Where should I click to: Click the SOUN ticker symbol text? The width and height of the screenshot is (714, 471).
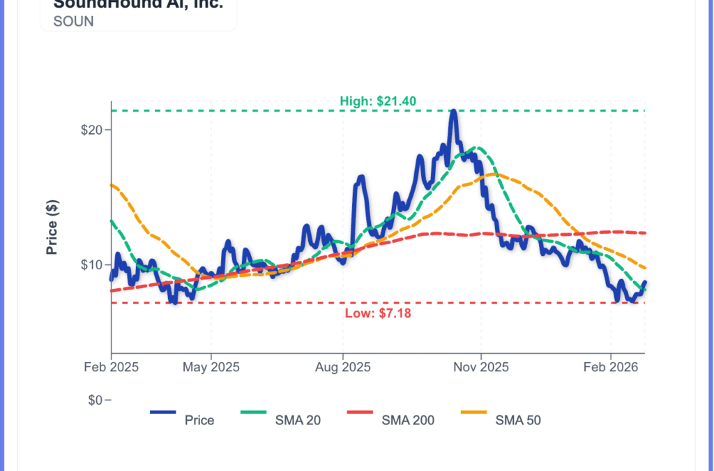73,21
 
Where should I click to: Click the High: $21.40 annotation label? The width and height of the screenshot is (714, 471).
378,102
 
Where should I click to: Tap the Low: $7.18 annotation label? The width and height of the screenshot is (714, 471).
378,313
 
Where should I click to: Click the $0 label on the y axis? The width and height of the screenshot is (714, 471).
97,401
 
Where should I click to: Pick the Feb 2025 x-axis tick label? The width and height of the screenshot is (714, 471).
111,367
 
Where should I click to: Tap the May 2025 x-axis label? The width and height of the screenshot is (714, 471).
212,367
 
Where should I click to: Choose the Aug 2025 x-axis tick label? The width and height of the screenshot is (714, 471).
342,367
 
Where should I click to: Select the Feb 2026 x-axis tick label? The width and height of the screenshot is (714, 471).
611,367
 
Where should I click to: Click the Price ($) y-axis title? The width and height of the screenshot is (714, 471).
52,227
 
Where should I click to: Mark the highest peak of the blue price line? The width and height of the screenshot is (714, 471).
453,111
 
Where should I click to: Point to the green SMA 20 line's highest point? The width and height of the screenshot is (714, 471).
476,148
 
